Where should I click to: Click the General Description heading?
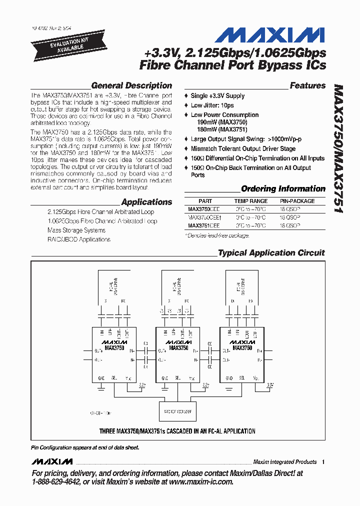(131, 85)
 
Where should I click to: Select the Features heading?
(307, 85)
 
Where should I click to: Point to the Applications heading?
(146, 202)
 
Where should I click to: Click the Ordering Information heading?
(283, 188)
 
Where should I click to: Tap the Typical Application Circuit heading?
(271, 253)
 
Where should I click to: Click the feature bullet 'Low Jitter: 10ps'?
(212, 105)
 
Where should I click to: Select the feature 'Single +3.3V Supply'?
(217, 95)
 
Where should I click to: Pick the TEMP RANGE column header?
(251, 201)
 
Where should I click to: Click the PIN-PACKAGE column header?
(297, 201)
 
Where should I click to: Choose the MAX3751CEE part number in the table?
(203, 225)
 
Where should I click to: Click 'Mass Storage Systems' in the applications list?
(76, 230)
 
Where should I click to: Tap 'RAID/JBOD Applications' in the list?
(79, 239)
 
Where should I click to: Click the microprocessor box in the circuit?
(177, 411)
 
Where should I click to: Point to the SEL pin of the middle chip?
(179, 378)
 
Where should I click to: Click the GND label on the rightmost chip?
(228, 378)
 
